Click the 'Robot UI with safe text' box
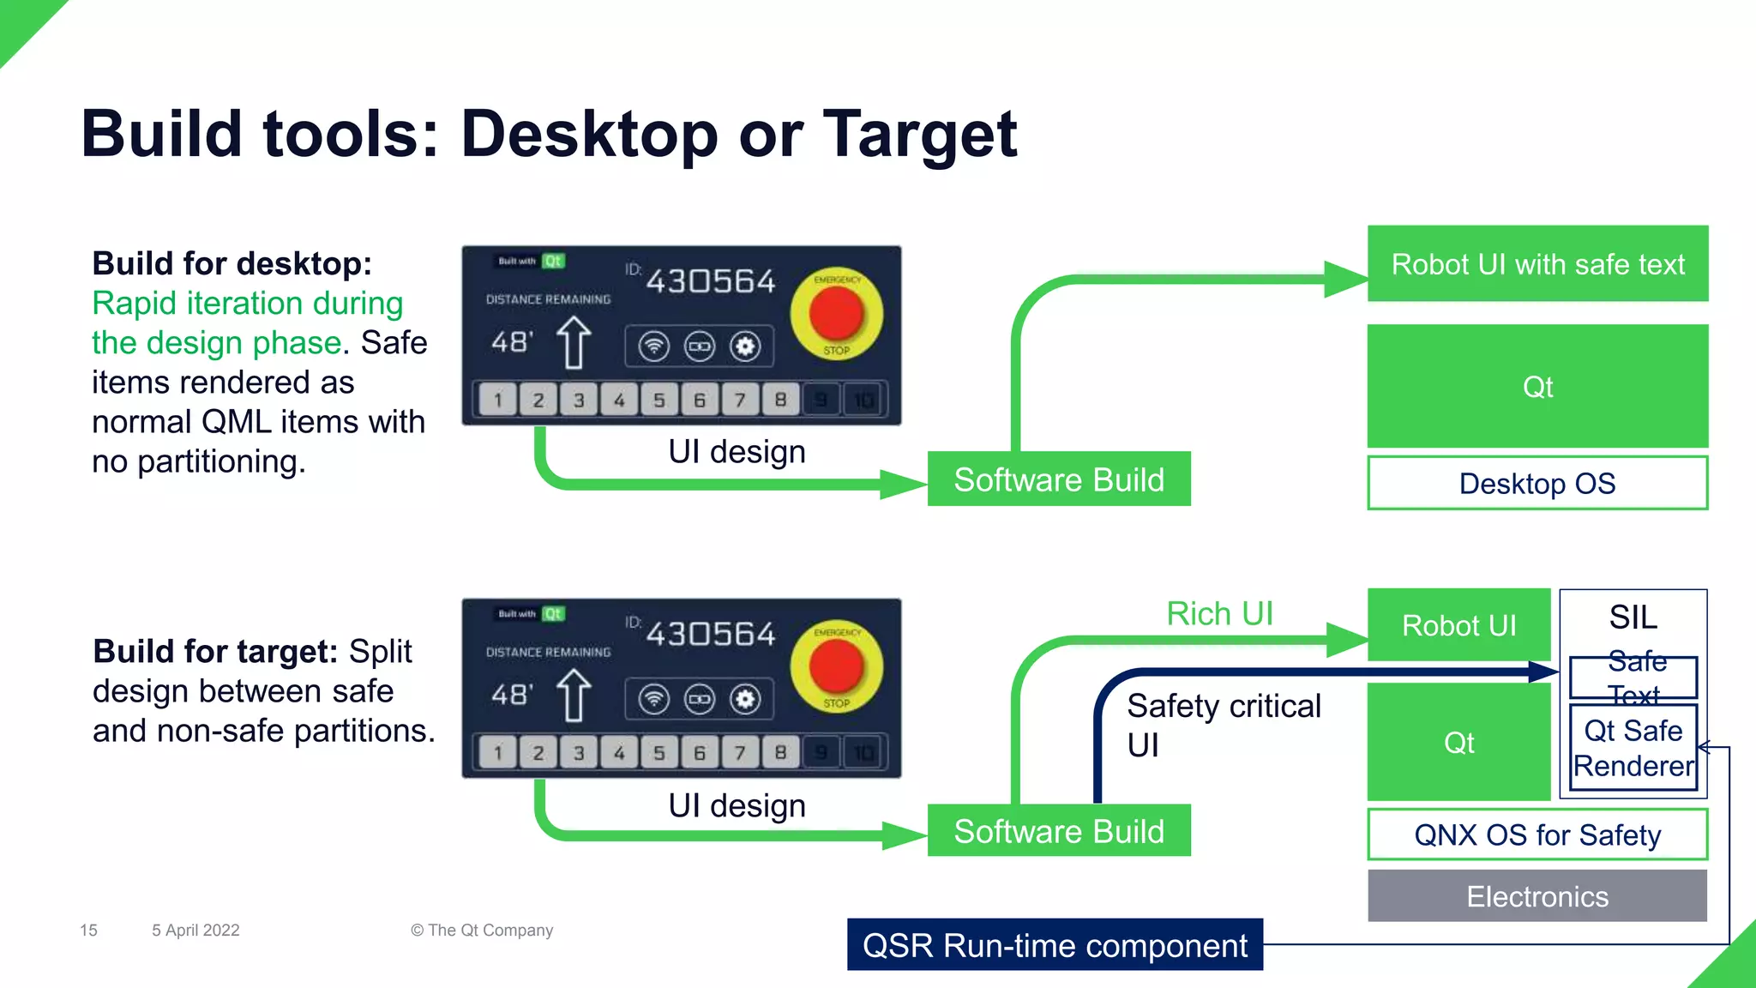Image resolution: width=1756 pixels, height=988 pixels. tap(1537, 264)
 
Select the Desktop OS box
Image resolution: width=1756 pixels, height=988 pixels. tap(1537, 484)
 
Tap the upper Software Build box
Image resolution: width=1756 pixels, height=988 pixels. tap(1059, 479)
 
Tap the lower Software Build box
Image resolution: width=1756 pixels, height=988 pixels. tap(1059, 831)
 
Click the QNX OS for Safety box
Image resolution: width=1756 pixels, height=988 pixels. tap(1537, 834)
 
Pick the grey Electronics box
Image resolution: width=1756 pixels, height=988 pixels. tap(1537, 896)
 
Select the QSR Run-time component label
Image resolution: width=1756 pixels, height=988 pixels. tap(1055, 945)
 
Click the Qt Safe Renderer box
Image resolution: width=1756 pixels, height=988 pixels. tap(1633, 748)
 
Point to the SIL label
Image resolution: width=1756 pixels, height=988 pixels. tap(1633, 617)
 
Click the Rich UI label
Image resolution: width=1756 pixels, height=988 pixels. tap(1219, 613)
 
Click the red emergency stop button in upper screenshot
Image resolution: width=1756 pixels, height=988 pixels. tap(836, 313)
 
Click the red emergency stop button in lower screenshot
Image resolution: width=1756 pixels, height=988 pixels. tap(836, 666)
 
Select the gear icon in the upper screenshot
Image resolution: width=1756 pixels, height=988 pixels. tap(745, 346)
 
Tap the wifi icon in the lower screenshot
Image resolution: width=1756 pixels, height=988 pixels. tap(653, 699)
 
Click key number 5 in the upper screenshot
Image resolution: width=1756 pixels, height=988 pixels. tap(658, 400)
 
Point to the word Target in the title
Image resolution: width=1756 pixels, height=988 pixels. tap(919, 135)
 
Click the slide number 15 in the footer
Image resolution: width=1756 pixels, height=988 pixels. tap(88, 931)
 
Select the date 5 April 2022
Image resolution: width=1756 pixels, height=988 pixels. tap(195, 931)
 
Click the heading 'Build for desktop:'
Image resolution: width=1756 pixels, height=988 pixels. tap(232, 263)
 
